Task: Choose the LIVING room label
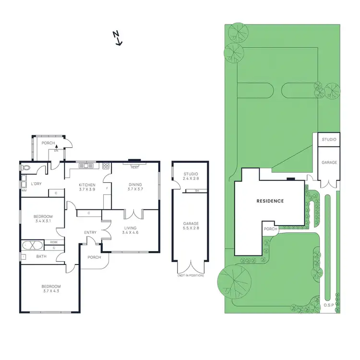(130, 231)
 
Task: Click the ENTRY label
(90, 233)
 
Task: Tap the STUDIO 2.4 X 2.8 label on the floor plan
(191, 176)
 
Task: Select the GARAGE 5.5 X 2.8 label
(191, 227)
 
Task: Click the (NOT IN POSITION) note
(191, 276)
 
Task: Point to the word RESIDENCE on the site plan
(270, 201)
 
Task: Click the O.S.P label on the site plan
(328, 305)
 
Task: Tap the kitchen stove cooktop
(106, 166)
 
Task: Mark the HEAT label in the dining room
(134, 168)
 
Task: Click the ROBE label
(54, 242)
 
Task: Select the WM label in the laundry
(24, 191)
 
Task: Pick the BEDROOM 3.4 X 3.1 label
(44, 219)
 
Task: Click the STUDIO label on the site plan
(329, 140)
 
